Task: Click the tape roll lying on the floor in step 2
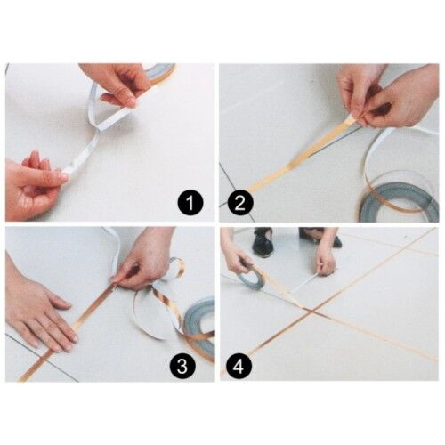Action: pos(399,199)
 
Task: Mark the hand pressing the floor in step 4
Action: pos(326,261)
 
